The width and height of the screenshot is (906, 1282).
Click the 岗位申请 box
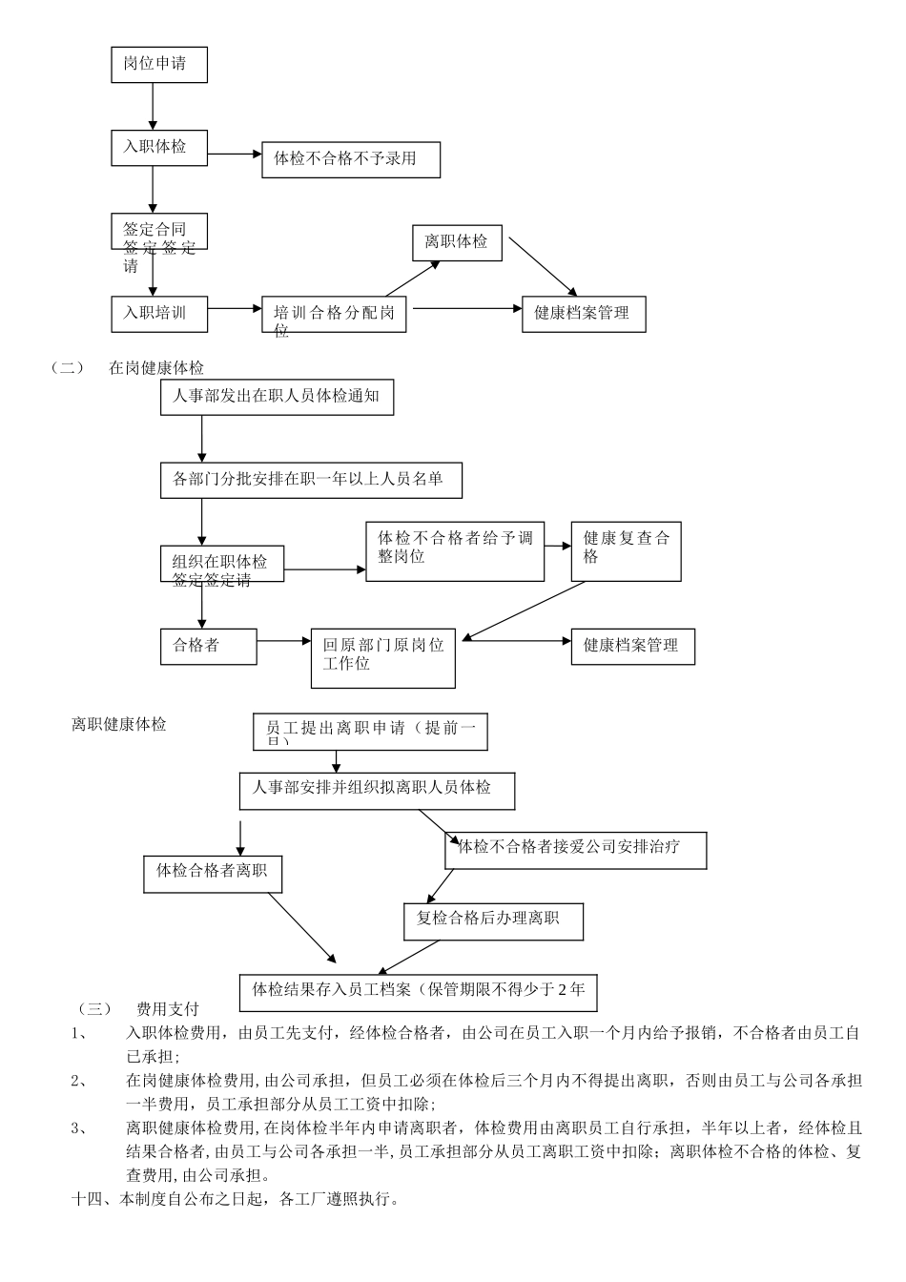tap(159, 65)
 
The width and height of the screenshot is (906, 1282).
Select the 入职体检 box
tap(159, 147)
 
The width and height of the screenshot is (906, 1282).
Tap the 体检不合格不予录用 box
tap(351, 159)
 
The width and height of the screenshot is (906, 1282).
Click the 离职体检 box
tap(457, 242)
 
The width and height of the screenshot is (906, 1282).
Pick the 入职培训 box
tap(159, 313)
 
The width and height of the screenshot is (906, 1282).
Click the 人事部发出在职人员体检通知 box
tap(277, 397)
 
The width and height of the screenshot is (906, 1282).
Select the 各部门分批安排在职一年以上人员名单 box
tap(311, 480)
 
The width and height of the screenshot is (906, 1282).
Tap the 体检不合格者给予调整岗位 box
tap(455, 551)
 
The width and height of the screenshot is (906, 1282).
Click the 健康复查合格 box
tap(626, 551)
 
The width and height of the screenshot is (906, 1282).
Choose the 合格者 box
tap(208, 646)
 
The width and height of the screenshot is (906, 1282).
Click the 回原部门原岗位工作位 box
tap(382, 658)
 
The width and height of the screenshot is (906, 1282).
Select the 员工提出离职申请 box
tap(370, 732)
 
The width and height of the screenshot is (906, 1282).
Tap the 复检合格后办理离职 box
tap(493, 920)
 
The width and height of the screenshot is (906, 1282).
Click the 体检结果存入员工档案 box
tap(419, 991)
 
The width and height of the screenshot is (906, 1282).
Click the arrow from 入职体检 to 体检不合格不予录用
tap(235, 153)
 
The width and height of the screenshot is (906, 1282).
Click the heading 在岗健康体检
tap(156, 368)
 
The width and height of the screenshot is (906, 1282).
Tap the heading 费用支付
tap(168, 1009)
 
